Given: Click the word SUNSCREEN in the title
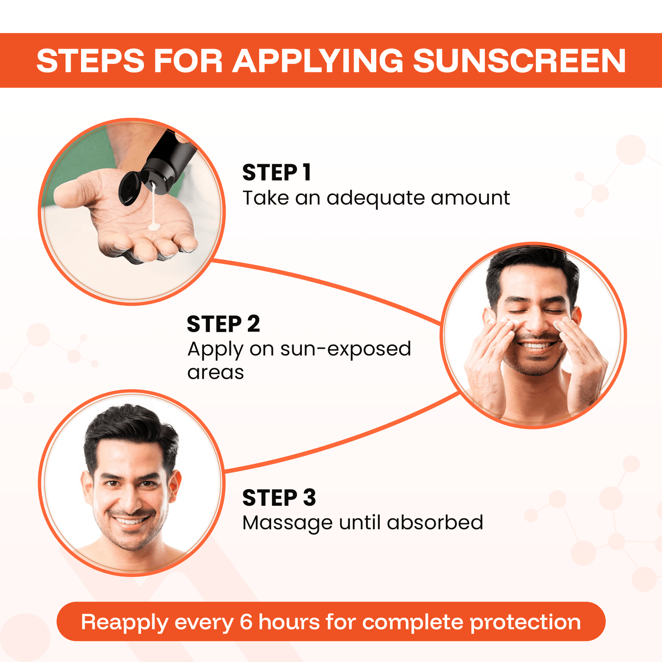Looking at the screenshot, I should [x=519, y=60].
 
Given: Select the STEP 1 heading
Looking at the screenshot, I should [x=277, y=173].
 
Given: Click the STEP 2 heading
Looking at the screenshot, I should [x=223, y=324].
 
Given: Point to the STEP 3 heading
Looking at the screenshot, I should [x=279, y=498].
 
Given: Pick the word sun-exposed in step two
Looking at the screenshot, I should [x=345, y=349].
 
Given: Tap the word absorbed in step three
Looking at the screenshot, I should [x=435, y=523].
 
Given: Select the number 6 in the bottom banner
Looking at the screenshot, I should [x=246, y=622].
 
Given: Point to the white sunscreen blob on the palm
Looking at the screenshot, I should [x=154, y=226].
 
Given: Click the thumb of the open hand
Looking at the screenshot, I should [x=73, y=192].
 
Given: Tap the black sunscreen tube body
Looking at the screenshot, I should [x=170, y=158].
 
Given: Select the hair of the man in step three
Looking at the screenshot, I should [x=131, y=428].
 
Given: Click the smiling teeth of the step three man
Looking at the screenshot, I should [x=131, y=521].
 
